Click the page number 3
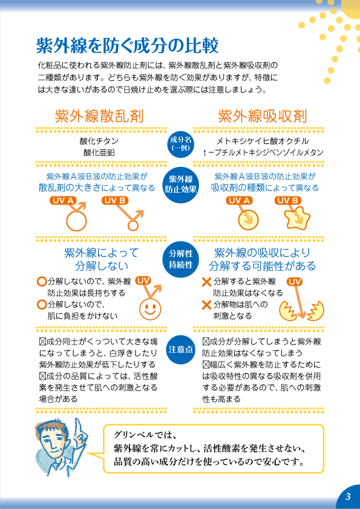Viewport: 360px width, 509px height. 348,497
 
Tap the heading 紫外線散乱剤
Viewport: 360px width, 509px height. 99,116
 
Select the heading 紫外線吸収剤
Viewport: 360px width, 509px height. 262,116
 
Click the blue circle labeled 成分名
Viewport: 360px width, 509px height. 181,143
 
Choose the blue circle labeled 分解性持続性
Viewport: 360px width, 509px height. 181,259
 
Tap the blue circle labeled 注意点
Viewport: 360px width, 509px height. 181,349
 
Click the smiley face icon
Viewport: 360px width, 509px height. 150,308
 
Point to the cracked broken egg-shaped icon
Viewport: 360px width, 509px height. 302,311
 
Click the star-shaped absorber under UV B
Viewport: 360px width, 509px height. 297,217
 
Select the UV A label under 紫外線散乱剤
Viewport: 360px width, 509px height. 63,201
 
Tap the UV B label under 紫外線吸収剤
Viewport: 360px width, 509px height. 287,201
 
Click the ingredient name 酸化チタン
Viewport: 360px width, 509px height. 99,141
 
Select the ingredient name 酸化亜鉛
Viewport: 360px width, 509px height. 99,152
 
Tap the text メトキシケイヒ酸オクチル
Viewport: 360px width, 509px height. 263,141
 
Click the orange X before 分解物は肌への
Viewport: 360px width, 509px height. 207,305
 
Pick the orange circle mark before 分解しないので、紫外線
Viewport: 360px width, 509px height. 42,282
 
